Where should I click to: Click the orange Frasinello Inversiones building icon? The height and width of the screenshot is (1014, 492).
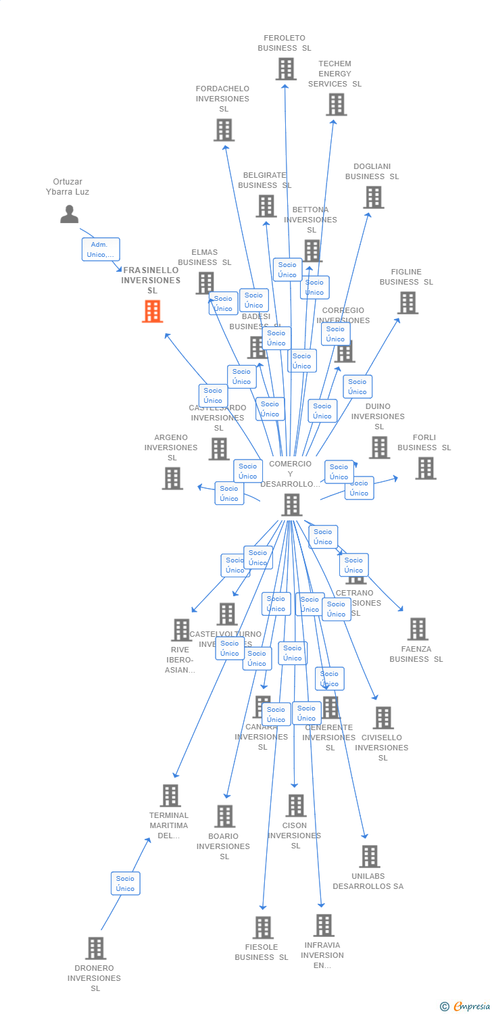152,312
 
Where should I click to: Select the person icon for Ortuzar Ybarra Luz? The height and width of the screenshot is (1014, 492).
70,214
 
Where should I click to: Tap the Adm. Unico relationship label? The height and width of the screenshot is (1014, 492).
101,249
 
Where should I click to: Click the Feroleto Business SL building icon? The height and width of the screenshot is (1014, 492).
286,69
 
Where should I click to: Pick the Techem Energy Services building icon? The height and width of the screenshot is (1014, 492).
336,105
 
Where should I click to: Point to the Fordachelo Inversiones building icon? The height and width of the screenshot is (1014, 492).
224,130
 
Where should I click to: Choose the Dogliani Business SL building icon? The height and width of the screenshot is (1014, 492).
373,197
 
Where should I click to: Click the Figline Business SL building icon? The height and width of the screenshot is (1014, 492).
408,303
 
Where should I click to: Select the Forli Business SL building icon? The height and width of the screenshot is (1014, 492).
425,468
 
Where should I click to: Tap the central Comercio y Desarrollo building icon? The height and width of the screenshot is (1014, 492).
291,504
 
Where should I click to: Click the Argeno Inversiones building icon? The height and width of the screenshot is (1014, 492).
172,479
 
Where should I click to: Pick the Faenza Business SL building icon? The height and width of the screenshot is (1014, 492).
418,629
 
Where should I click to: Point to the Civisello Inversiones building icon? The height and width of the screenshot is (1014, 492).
383,718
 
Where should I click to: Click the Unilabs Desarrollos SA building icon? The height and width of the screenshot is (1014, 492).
369,856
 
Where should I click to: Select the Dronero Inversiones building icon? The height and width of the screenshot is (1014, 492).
96,948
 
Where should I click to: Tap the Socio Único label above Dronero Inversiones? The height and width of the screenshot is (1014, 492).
125,883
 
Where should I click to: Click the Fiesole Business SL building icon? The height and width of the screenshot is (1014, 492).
263,927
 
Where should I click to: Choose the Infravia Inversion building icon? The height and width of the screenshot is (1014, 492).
324,925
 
